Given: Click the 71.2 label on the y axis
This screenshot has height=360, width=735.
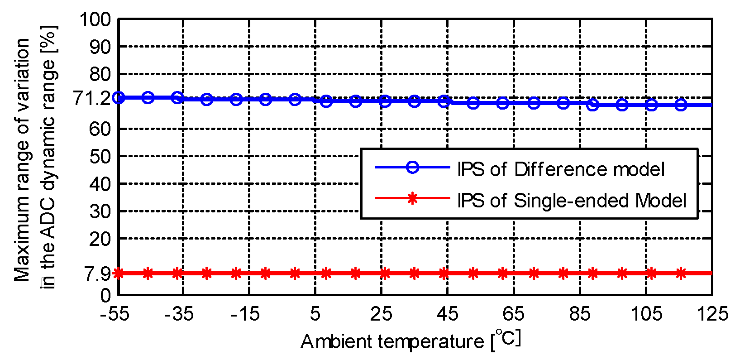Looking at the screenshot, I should click(92, 98).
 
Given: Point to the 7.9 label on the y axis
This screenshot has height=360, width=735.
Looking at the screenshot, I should click(97, 274).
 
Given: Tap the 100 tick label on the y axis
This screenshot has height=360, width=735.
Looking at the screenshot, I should click(95, 19).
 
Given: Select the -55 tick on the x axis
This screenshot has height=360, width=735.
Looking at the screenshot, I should click(115, 314).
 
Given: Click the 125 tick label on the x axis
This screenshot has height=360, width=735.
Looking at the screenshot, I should click(712, 314).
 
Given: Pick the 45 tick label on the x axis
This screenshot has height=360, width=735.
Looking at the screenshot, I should click(447, 314).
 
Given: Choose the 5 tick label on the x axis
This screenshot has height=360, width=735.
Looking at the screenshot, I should click(315, 314).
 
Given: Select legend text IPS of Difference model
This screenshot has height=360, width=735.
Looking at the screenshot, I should click(560, 169).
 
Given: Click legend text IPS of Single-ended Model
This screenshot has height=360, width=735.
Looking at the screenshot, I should click(571, 200).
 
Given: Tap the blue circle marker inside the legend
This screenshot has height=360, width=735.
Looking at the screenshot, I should click(412, 167).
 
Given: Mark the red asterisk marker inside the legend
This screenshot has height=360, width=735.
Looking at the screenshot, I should click(412, 198).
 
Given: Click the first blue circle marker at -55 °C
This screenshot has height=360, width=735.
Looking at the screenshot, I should click(119, 97).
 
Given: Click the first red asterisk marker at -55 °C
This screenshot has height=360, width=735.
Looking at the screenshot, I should click(119, 273).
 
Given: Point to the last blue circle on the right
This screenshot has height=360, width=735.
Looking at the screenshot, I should click(681, 105).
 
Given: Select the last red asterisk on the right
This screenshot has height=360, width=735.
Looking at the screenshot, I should click(681, 273).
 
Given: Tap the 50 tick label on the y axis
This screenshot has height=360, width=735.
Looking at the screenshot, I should click(100, 157).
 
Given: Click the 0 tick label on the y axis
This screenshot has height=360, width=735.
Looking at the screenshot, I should click(105, 296).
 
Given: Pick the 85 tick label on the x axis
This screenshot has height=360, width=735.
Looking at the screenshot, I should click(580, 314).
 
